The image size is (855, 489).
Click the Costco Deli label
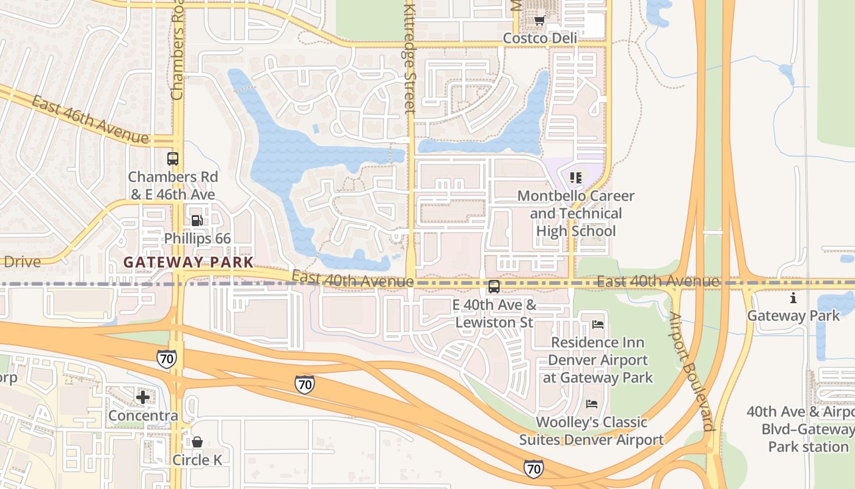[x=539, y=39]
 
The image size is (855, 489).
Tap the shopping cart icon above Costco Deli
[x=539, y=21]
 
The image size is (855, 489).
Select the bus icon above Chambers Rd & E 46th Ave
[x=173, y=159]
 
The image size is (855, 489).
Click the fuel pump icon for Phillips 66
[x=197, y=220]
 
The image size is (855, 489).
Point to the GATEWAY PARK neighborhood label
[x=188, y=262]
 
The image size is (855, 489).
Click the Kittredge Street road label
[x=409, y=58]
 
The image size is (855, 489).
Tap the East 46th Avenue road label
[x=90, y=120]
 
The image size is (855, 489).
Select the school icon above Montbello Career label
[x=575, y=178]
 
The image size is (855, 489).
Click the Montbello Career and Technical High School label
[x=576, y=213]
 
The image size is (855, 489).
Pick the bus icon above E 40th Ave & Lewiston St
[x=494, y=286]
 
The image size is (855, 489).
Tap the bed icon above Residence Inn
[x=598, y=324]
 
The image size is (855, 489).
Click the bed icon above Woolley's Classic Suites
[x=591, y=403]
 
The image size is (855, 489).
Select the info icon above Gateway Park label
[x=793, y=298]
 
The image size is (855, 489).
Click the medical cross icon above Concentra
[x=143, y=397]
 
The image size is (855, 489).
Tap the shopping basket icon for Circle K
[x=197, y=441]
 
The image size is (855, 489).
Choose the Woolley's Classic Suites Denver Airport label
[x=591, y=431]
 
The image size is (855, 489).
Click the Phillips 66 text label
[x=197, y=238]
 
